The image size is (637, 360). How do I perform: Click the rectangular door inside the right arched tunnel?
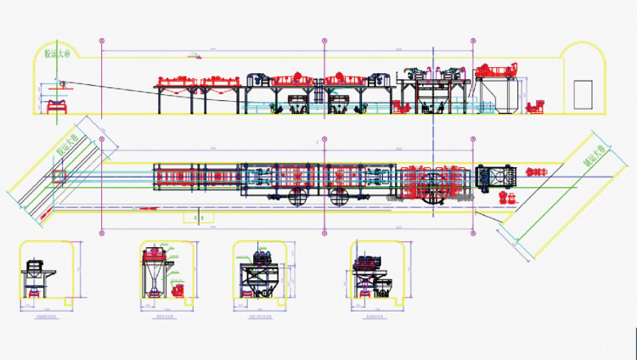pyautogui.click(x=583, y=94)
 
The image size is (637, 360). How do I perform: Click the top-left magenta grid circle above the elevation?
pyautogui.click(x=102, y=40)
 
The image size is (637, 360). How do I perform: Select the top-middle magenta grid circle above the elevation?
pyautogui.click(x=326, y=40)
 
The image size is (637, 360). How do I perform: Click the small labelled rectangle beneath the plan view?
pyautogui.click(x=199, y=217)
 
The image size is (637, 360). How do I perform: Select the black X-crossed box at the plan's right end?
pyautogui.click(x=494, y=177)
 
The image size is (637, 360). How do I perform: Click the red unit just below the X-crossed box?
pyautogui.click(x=508, y=197)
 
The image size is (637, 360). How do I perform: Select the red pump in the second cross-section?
pyautogui.click(x=178, y=290)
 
